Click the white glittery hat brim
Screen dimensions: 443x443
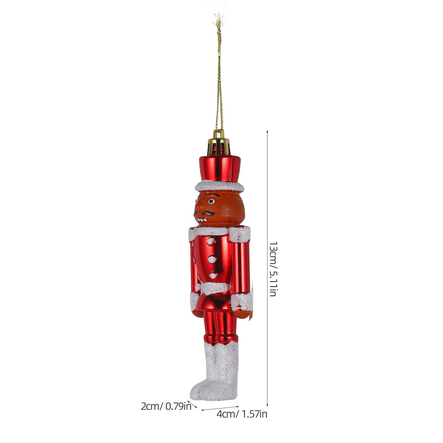click(x=220, y=187)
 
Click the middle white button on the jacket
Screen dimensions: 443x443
click(x=212, y=259)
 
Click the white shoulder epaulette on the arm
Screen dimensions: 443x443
click(x=240, y=235)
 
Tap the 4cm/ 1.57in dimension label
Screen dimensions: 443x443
click(x=242, y=414)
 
